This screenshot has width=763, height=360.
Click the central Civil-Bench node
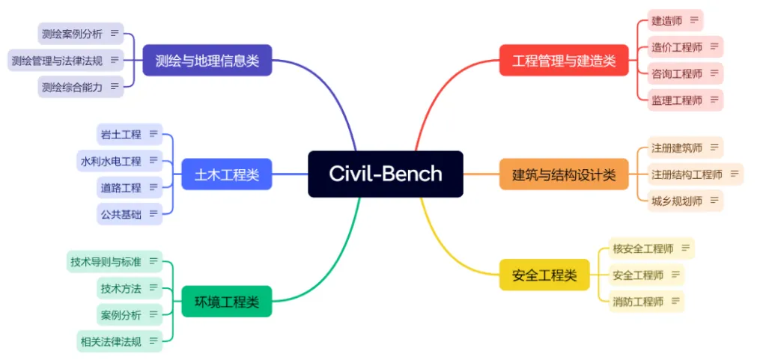click(x=385, y=174)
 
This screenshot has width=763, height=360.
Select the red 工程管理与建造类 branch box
click(x=564, y=61)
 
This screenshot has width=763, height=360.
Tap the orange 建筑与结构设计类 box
click(x=564, y=175)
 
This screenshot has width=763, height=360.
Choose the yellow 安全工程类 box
click(x=544, y=275)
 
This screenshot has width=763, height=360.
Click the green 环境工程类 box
click(x=226, y=302)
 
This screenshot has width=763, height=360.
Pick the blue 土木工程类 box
click(x=226, y=175)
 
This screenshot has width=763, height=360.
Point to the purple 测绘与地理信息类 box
click(x=207, y=61)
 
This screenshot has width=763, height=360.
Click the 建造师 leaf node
click(x=666, y=20)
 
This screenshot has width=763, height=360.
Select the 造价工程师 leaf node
click(x=677, y=47)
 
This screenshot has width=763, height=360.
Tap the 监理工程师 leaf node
click(x=677, y=100)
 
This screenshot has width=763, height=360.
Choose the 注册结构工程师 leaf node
click(x=687, y=175)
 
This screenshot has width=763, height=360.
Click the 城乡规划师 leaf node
click(x=677, y=201)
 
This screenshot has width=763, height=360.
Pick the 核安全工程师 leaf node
click(x=643, y=248)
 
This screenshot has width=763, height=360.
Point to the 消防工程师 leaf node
click(x=638, y=302)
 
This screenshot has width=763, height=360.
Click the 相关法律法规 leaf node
click(x=111, y=341)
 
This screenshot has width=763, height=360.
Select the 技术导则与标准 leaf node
click(x=106, y=261)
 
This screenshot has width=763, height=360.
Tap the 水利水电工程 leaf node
click(x=111, y=160)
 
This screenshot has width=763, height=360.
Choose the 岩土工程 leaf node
click(x=121, y=134)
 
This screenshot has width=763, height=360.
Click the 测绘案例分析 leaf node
click(x=73, y=34)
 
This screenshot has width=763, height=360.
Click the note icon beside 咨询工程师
click(x=714, y=73)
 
